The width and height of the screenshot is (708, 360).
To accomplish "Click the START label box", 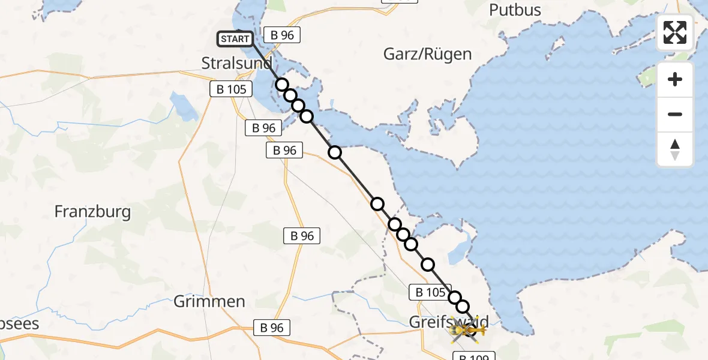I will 235,40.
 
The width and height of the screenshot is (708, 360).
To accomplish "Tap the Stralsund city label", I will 236,63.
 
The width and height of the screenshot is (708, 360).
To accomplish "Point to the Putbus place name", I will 515,10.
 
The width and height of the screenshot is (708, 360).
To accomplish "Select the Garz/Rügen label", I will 427,54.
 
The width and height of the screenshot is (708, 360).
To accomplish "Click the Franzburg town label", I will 92,211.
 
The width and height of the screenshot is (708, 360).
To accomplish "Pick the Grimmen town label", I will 209,301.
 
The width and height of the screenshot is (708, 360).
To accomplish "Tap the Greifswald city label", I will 449,321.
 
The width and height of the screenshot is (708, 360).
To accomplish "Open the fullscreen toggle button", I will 675,32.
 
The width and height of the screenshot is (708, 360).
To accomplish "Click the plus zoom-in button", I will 675,79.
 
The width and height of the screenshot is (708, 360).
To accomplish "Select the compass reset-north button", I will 675,149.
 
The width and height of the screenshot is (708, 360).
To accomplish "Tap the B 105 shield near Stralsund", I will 231,89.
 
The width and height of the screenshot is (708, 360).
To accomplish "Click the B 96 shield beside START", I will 282,35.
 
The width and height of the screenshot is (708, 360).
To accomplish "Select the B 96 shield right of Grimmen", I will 272,328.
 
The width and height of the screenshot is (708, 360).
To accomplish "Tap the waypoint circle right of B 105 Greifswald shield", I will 455,298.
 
